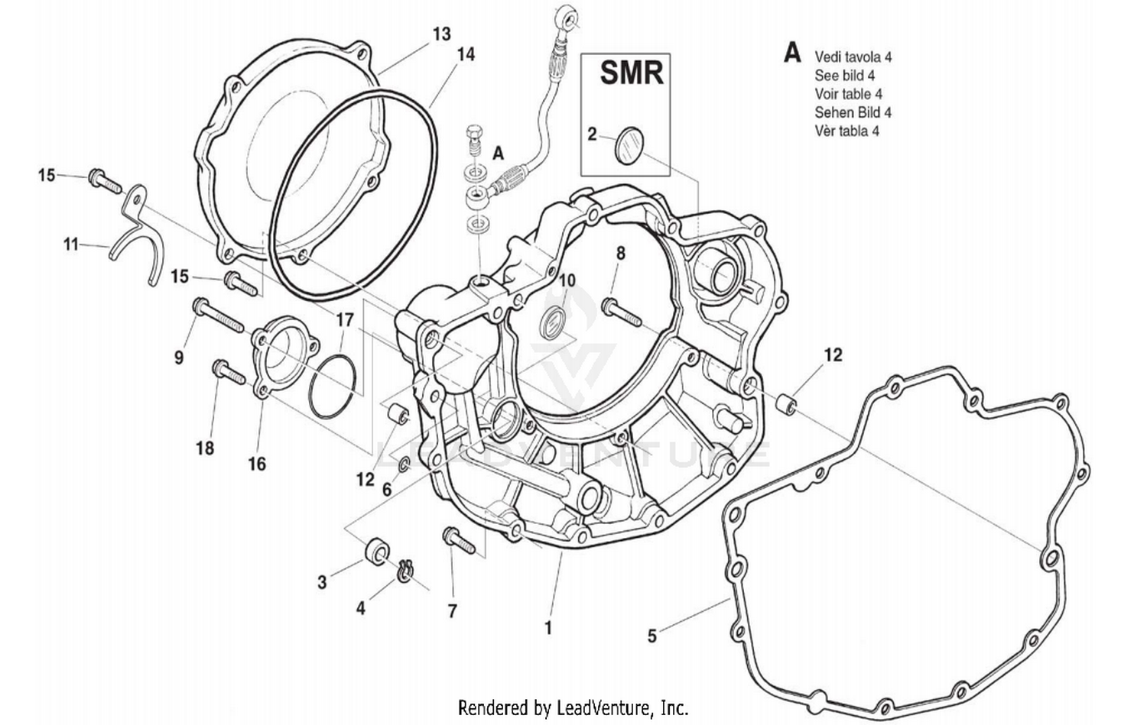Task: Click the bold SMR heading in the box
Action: (x=631, y=73)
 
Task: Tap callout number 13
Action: (x=441, y=34)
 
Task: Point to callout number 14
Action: (x=465, y=54)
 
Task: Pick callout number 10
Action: (x=566, y=280)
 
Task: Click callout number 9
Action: (x=179, y=357)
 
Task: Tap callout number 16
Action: (x=257, y=464)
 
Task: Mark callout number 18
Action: (x=204, y=448)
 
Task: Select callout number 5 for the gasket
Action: (x=651, y=636)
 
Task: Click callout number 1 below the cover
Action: (x=548, y=628)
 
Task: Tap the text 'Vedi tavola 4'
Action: (x=853, y=57)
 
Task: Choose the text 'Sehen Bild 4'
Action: (x=853, y=112)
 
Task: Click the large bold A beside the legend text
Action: (x=792, y=53)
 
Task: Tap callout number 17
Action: (x=344, y=319)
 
